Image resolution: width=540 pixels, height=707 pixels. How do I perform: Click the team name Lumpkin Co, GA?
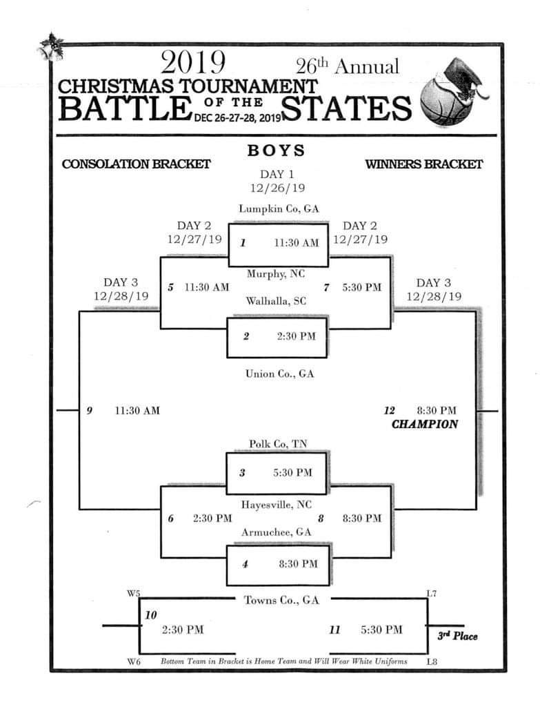(x=279, y=209)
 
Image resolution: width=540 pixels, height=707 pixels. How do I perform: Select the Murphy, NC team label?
(x=276, y=273)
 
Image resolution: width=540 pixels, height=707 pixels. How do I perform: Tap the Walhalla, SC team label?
(x=276, y=301)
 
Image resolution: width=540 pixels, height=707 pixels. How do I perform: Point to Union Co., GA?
(x=279, y=374)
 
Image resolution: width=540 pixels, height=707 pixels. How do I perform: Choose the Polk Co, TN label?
(x=278, y=444)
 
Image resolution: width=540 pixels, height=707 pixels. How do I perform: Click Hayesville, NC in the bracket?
(x=276, y=505)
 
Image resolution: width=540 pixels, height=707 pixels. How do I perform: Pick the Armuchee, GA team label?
(x=276, y=532)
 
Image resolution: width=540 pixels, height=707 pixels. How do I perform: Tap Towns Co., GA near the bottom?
(x=281, y=600)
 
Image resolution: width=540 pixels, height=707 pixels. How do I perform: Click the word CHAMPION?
(x=425, y=425)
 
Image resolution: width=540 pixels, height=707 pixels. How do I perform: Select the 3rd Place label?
(x=457, y=636)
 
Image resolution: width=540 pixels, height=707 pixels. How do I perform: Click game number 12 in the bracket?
(x=389, y=410)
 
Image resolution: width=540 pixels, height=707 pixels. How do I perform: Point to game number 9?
(x=89, y=410)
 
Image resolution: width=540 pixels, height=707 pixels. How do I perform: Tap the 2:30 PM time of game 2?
(x=297, y=336)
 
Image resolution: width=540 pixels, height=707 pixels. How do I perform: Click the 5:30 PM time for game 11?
(x=381, y=630)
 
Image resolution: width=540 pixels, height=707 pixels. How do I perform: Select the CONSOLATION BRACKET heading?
(x=136, y=164)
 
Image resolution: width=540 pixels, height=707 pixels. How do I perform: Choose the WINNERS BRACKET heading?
(x=424, y=164)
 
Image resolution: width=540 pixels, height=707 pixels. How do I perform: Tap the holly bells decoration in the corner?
(x=50, y=47)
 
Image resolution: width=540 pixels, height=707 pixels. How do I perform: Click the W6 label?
(x=134, y=662)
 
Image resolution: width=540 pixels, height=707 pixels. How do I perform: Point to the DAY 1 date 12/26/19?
(x=278, y=188)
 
